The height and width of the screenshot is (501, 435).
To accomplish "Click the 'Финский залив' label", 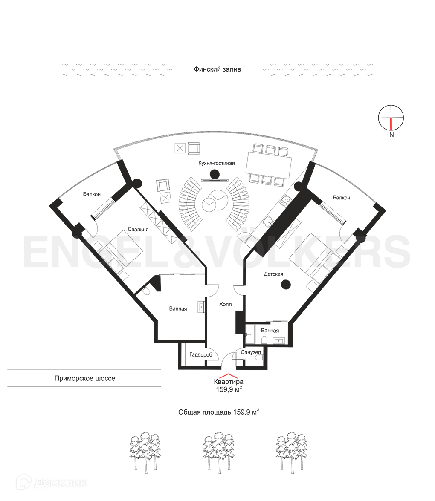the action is (217, 69).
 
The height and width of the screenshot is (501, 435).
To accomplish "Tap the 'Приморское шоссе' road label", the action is (85, 378).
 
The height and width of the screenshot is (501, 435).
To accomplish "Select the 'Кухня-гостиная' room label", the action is (217, 163).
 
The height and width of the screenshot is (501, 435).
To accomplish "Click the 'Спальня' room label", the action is (138, 230).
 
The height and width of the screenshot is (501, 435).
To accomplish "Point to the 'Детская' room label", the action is (273, 274).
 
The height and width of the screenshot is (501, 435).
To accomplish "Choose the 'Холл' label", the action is (225, 305).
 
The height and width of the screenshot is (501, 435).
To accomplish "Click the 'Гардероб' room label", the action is (201, 354).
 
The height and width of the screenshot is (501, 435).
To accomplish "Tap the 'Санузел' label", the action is (251, 352).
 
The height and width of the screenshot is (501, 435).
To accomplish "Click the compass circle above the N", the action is (391, 117).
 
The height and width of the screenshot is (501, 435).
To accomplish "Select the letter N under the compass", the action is (391, 135).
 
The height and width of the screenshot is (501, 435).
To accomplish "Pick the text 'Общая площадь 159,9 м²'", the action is (219, 412).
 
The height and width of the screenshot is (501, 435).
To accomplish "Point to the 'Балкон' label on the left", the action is (92, 194).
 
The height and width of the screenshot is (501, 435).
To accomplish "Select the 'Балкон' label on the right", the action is (342, 198).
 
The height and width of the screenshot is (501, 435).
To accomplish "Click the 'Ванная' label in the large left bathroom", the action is (178, 308).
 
